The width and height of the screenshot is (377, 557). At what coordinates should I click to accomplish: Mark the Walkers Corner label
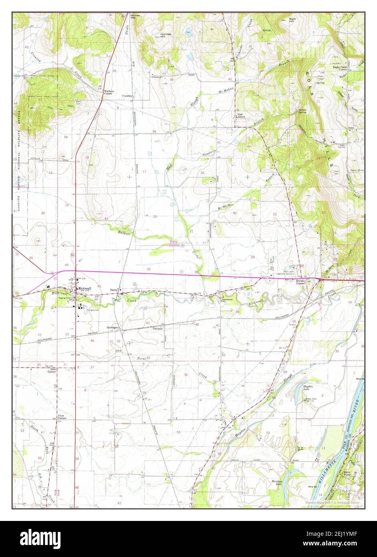(109, 92)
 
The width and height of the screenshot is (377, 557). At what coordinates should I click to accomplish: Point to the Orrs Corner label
(51, 370)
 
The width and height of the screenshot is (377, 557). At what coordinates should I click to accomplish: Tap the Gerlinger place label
(112, 327)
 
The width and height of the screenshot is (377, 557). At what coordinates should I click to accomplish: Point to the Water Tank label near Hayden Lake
(311, 399)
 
